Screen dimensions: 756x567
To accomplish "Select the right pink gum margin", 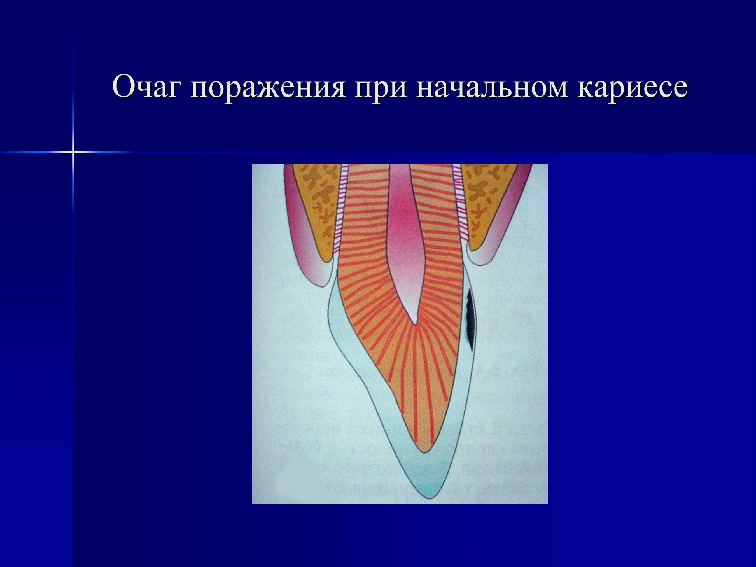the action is coord(502,236).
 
